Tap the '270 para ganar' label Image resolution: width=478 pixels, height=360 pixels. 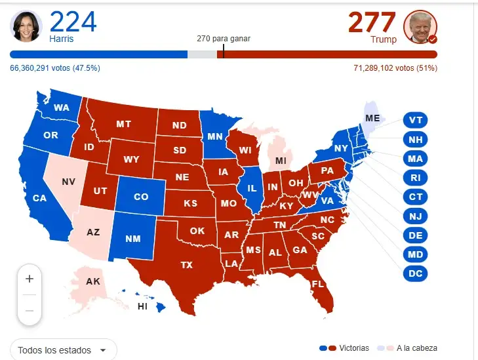(224, 38)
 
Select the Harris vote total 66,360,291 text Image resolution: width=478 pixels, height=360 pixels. (55, 68)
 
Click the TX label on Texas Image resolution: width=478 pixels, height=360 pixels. (187, 265)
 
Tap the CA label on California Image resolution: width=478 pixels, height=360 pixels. (39, 197)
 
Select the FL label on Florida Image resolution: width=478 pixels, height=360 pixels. (318, 284)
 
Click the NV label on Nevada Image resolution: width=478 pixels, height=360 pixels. (68, 181)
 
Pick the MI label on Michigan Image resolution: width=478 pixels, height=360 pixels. (281, 161)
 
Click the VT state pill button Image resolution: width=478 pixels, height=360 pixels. (415, 120)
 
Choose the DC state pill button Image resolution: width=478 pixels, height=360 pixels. (415, 273)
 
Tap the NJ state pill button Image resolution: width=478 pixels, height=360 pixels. (415, 216)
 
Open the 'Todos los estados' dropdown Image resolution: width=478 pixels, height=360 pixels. (64, 350)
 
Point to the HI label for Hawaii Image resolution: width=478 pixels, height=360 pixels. (142, 306)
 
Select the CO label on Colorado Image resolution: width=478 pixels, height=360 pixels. (141, 197)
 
